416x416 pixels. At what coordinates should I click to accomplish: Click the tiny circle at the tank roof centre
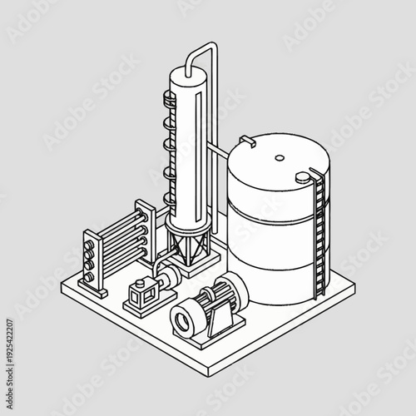pyautogui.click(x=280, y=156)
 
